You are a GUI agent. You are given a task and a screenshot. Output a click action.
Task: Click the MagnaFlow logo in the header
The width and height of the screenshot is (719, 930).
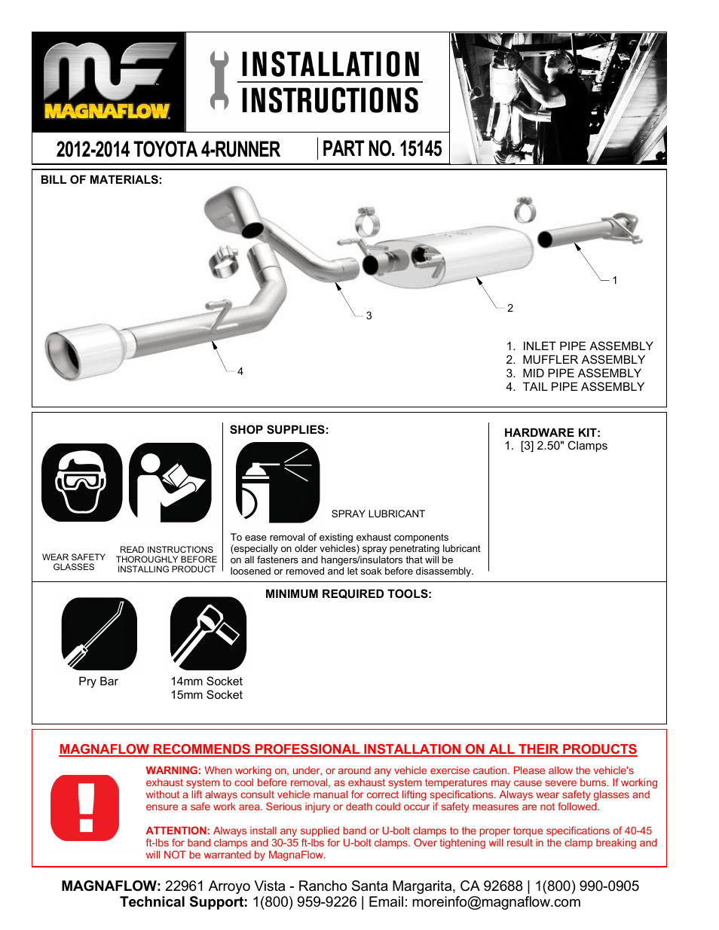[108, 82]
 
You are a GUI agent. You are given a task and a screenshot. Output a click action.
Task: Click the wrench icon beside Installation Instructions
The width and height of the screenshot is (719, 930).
[219, 81]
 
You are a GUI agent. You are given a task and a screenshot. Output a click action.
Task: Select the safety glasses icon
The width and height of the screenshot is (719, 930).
[81, 483]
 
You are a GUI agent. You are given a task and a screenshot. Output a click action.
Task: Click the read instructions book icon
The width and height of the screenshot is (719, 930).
[170, 483]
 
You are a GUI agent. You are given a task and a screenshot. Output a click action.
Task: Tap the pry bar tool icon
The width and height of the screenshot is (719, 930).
[99, 633]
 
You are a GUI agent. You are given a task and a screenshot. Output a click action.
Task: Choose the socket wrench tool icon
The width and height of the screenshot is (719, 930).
[208, 633]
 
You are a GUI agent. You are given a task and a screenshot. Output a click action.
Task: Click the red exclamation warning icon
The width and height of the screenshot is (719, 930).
[85, 807]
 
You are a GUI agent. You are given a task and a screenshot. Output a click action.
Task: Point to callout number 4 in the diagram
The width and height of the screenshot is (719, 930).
[240, 371]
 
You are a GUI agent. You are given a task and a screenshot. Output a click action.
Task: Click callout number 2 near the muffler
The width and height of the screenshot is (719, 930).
[510, 308]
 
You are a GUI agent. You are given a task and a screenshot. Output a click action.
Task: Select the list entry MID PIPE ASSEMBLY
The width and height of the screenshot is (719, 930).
[581, 374]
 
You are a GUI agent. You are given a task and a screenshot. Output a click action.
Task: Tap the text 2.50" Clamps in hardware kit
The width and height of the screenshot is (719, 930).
[571, 446]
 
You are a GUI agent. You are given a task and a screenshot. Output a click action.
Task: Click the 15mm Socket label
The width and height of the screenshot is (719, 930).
[207, 695]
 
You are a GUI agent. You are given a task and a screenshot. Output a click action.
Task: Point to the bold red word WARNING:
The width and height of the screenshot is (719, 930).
[173, 770]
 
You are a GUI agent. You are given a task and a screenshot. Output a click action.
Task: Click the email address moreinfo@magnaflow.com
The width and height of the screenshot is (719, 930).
[496, 902]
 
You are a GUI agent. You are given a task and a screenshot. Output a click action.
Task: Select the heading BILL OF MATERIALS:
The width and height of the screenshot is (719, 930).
[101, 180]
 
